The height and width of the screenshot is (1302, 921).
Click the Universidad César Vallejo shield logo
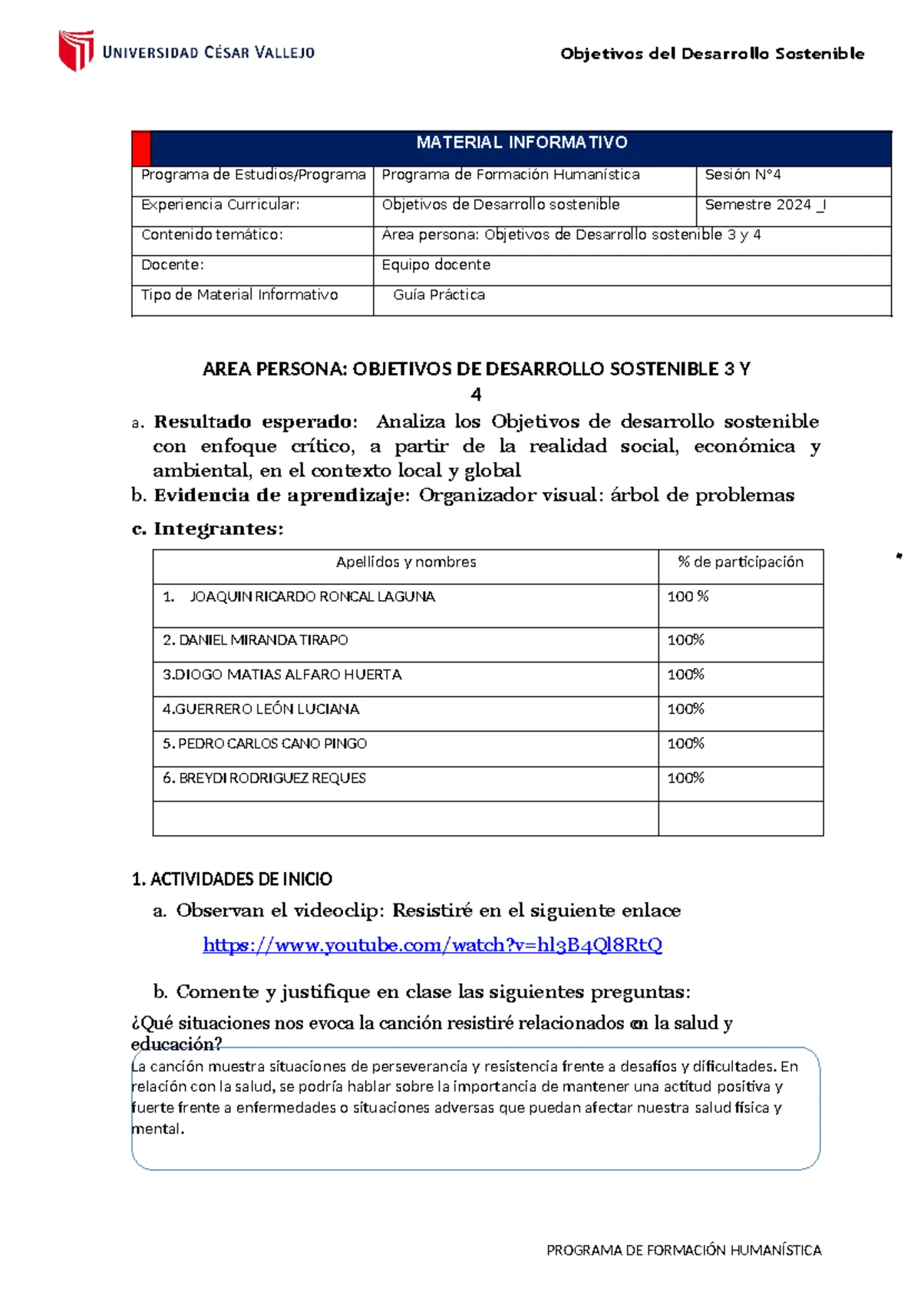coord(76,50)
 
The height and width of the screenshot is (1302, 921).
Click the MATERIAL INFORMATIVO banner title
coord(521,143)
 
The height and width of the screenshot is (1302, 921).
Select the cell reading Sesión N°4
coord(742,175)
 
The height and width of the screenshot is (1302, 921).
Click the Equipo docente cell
coord(436,265)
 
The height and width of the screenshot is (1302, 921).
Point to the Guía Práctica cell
coord(439,295)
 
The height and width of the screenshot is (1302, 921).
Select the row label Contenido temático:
coord(212,235)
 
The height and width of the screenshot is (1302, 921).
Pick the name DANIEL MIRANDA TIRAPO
coord(262,640)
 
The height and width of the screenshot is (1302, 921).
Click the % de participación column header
coord(741,563)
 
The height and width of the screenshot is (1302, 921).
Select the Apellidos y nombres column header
coord(406,563)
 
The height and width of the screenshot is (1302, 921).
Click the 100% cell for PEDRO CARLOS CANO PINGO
coord(685,744)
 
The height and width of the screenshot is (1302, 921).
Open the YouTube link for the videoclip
coord(432,945)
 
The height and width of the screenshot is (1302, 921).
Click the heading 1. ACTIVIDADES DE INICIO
coord(232,880)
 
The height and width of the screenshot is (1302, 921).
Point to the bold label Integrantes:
coord(219,529)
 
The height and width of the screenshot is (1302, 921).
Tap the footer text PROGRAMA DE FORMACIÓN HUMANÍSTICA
coord(683,1251)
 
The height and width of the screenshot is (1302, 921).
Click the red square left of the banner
coord(141,149)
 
